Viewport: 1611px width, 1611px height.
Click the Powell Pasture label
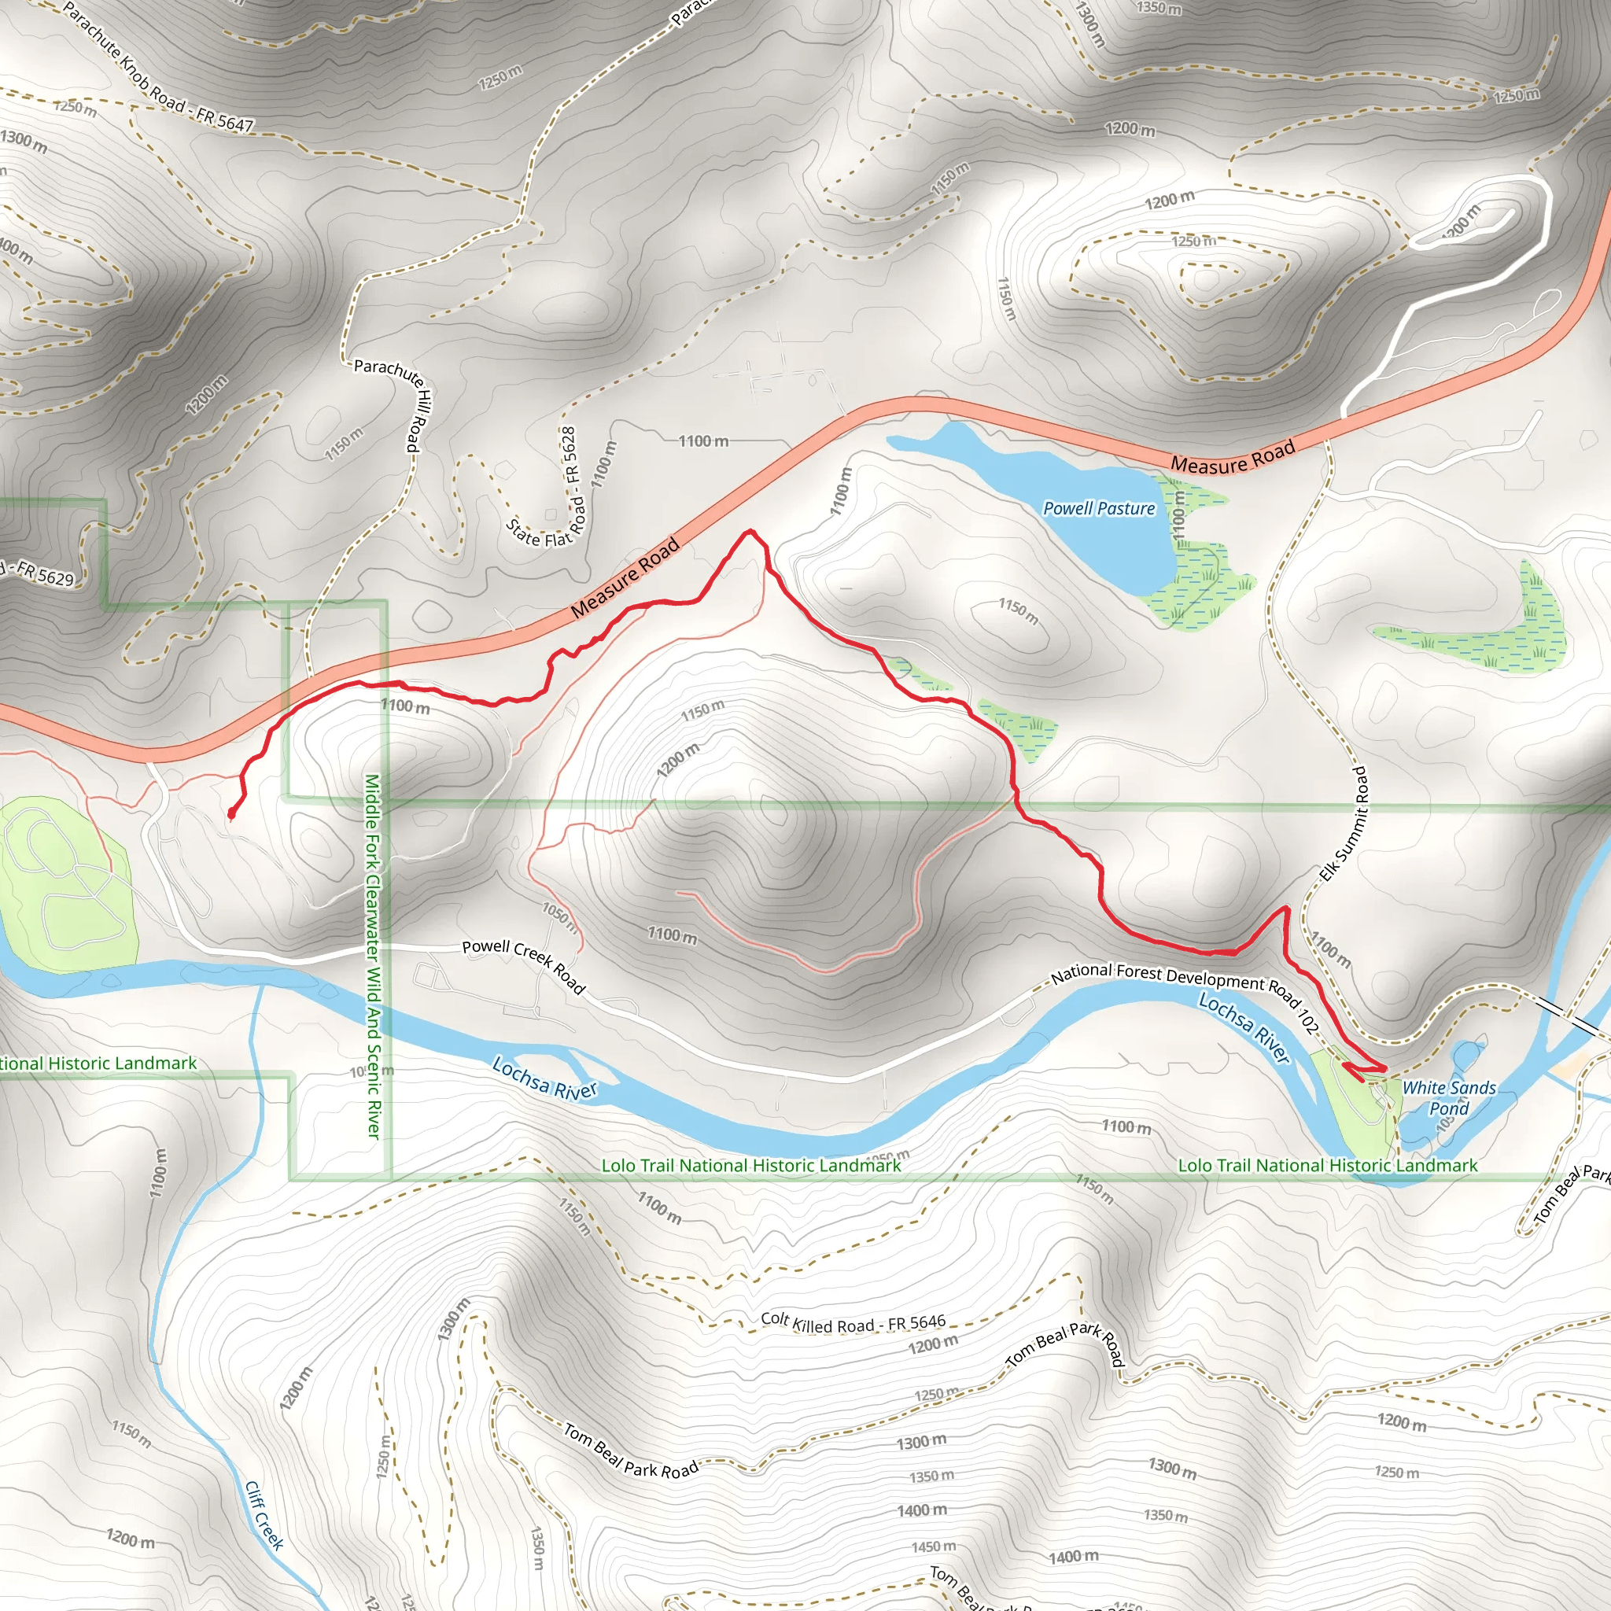click(x=1099, y=509)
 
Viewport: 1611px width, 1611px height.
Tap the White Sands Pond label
click(x=1449, y=1098)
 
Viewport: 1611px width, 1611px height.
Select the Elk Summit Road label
click(x=1344, y=824)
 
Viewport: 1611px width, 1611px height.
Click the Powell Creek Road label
click(x=524, y=966)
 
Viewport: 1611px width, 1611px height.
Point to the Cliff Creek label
click(x=264, y=1515)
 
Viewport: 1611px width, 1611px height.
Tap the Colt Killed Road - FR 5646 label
click(x=853, y=1322)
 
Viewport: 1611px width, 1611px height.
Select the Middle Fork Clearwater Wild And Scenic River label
click(x=373, y=956)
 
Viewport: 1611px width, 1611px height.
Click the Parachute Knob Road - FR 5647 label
click(x=157, y=68)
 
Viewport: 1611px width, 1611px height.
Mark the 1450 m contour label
click(x=933, y=1547)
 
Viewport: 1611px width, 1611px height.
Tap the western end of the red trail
click(x=230, y=816)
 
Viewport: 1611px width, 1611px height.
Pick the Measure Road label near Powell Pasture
click(x=1233, y=457)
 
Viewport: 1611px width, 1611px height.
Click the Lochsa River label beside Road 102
click(x=1244, y=1028)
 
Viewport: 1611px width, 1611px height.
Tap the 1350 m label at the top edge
click(x=1159, y=9)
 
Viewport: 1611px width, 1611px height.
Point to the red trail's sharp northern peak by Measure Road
click(x=751, y=530)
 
